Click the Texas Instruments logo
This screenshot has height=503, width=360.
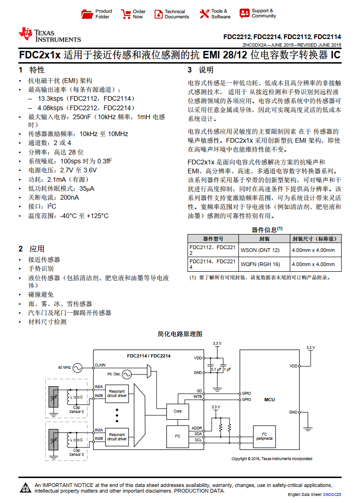(x=49, y=35)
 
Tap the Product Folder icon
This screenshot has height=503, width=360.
(x=87, y=14)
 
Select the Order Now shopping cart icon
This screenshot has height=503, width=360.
(x=126, y=14)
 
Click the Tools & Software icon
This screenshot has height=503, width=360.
(x=204, y=14)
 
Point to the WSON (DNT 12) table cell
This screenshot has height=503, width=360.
(x=260, y=250)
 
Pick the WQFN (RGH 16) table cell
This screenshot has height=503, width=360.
(x=260, y=264)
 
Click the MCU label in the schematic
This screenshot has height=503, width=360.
(x=269, y=399)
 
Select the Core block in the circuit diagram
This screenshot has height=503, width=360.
(x=177, y=411)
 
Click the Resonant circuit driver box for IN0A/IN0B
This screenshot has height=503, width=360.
(x=117, y=393)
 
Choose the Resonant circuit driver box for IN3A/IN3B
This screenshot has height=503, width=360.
(x=117, y=437)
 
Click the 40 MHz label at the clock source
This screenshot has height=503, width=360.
(x=64, y=367)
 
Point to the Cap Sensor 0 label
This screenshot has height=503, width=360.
(x=76, y=409)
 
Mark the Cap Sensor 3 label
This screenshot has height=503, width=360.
(x=76, y=453)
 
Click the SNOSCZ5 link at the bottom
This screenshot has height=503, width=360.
(x=332, y=495)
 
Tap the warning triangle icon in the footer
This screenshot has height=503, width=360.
(x=25, y=488)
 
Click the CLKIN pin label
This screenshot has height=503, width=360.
(x=100, y=365)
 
